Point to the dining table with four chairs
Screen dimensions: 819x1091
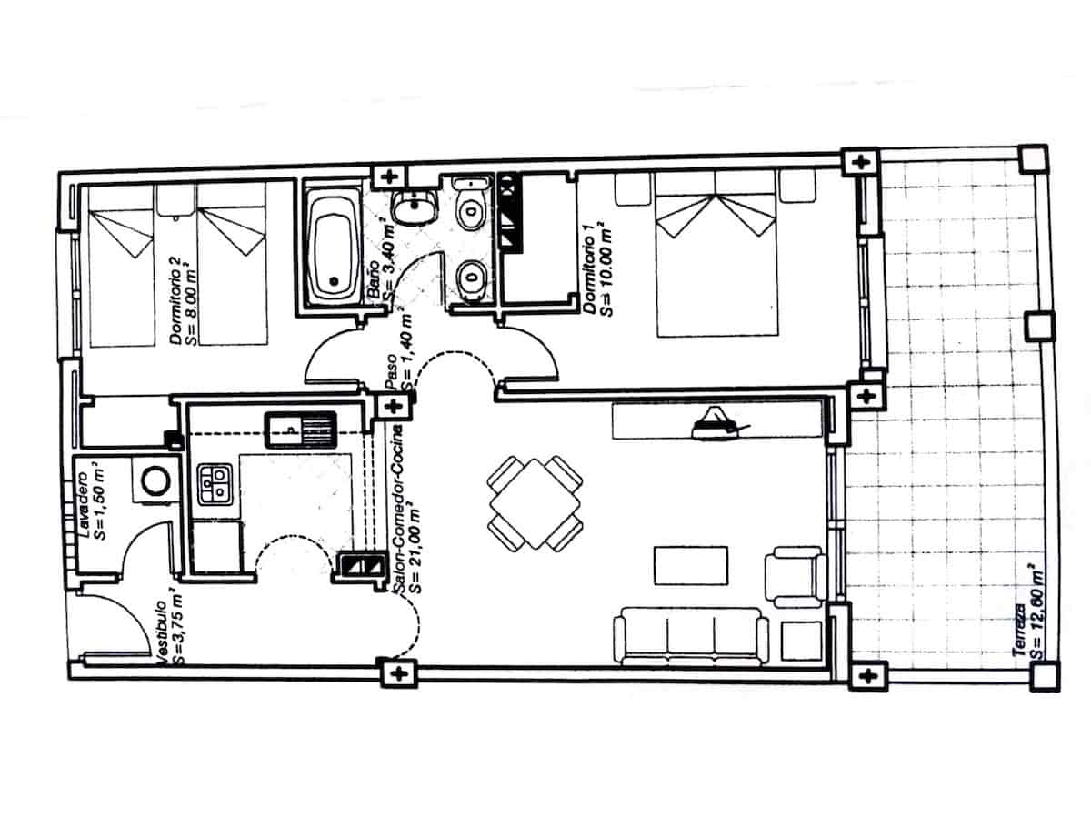coord(535,502)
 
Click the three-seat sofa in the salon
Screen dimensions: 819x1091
coord(690,638)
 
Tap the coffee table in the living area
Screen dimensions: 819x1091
coord(691,566)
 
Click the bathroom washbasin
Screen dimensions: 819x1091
coord(415,207)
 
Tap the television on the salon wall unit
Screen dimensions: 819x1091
coord(718,422)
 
